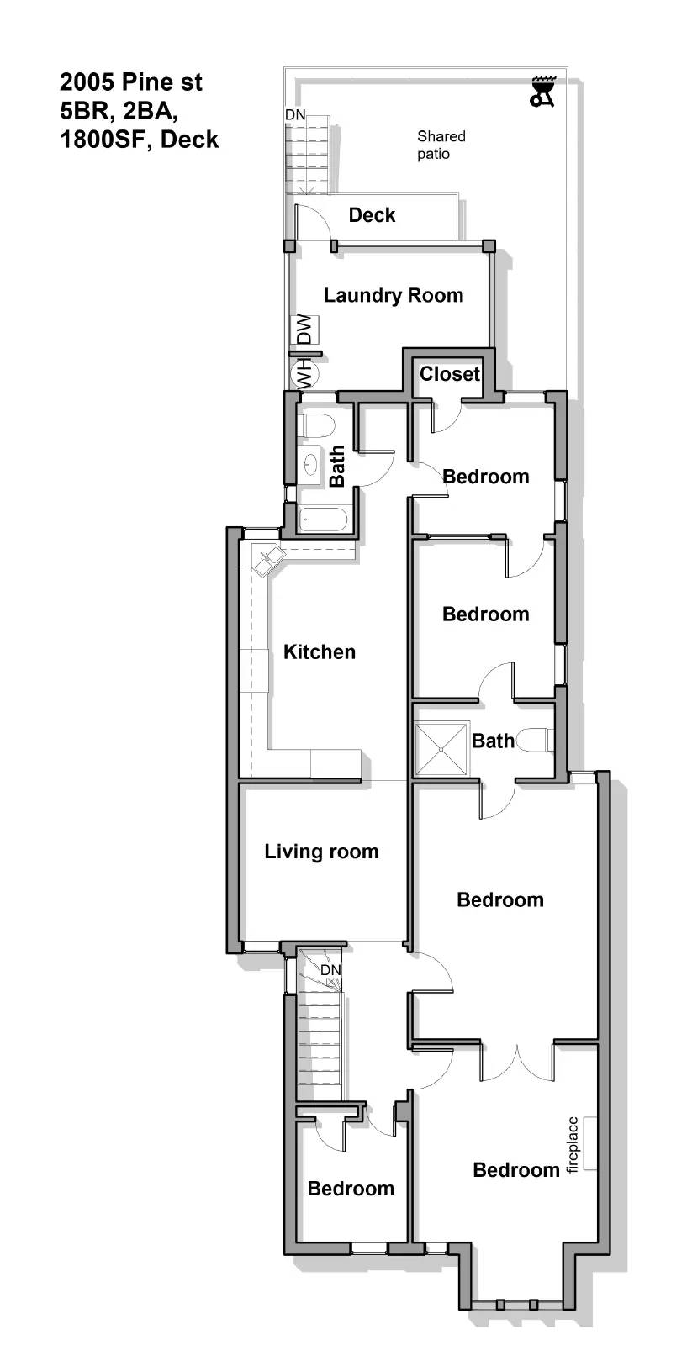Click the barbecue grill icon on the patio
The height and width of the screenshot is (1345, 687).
coord(542,92)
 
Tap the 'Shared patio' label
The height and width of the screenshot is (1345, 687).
coord(440,145)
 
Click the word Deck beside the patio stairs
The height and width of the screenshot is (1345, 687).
coord(372,215)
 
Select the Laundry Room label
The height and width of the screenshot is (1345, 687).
coord(394,295)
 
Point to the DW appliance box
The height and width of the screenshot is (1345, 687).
coord(304,329)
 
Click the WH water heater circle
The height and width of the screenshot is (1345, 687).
coord(302,372)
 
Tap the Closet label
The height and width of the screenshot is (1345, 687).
coord(450,374)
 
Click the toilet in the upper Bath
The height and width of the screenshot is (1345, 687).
coord(317,425)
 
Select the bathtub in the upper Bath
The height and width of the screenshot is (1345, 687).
coord(323,520)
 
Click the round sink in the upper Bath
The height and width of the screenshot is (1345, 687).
coord(311,464)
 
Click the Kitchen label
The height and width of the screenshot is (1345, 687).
coord(320,652)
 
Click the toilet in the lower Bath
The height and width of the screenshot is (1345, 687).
coord(533,741)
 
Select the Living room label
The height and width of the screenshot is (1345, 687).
coord(321,852)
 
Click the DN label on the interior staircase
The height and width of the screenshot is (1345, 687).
coord(330,970)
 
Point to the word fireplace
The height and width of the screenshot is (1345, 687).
coord(573,1144)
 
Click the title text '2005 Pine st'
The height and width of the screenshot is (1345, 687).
coord(130,82)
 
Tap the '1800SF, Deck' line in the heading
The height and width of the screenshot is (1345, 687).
coord(139,140)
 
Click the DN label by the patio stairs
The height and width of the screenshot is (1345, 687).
coord(294,115)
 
